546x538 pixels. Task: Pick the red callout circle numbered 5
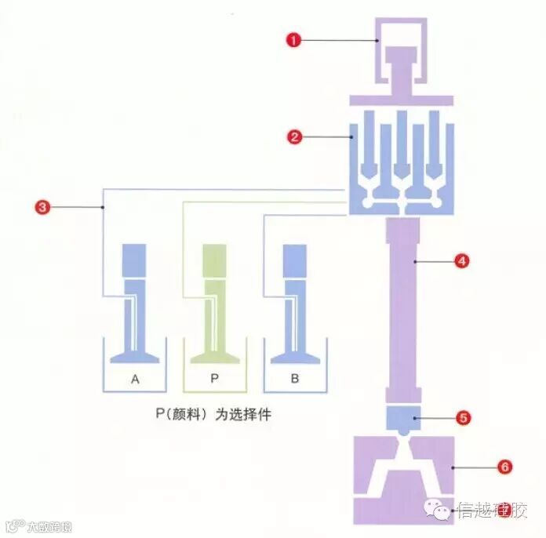tap(463, 418)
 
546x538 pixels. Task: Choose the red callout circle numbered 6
tap(504, 467)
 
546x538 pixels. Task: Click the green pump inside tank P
tap(214, 306)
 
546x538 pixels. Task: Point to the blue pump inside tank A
tap(135, 306)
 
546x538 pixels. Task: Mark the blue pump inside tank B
tap(294, 306)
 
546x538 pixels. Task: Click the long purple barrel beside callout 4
tap(405, 310)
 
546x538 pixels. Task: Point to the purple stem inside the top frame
tap(403, 71)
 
